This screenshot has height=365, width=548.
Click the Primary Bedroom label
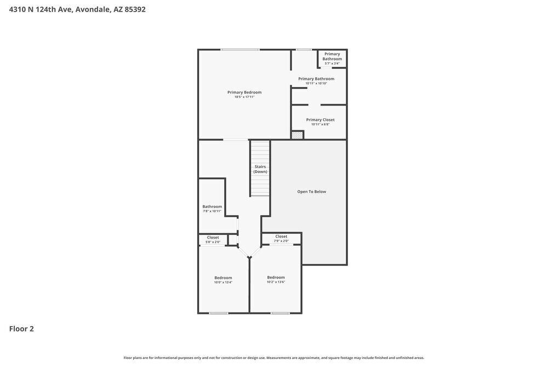point(244,92)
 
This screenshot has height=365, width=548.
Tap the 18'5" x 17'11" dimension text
point(244,97)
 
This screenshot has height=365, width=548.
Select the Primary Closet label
point(320,120)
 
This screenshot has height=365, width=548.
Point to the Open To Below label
point(312,192)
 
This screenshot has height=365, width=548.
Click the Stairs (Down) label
point(260,169)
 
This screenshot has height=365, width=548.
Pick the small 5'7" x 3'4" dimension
point(332,63)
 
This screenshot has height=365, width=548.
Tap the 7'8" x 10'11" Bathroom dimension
point(212,211)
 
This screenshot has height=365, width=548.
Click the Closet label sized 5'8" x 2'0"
point(213,237)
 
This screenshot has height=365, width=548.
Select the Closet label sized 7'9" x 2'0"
point(281,236)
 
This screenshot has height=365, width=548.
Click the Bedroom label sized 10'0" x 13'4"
point(223,277)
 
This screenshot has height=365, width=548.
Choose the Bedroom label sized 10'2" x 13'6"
point(276,277)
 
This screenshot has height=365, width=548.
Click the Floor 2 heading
point(21,329)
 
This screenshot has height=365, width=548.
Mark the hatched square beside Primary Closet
point(297,135)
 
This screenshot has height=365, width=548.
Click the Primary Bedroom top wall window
point(240,50)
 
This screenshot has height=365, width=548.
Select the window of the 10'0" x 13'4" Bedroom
point(219,313)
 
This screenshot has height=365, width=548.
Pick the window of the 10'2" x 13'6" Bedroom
point(280,313)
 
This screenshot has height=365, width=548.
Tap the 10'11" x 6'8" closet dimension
point(320,124)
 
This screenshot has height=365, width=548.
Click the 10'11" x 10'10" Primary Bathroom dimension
point(316,83)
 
